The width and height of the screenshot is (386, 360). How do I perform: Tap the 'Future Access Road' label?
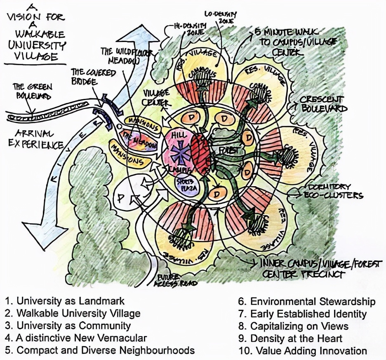175,281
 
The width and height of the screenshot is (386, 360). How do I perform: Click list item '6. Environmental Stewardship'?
307,301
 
